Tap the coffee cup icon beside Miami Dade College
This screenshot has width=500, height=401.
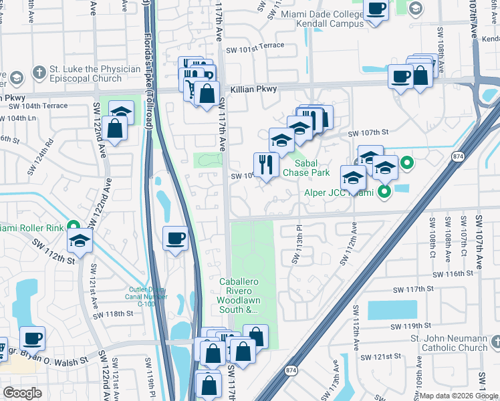(x=376, y=9)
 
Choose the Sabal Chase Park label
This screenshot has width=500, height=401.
(x=306, y=167)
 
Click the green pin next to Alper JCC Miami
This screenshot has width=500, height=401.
(x=384, y=192)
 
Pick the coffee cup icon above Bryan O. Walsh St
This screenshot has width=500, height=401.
(x=32, y=338)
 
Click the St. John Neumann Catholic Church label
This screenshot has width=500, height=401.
(x=449, y=343)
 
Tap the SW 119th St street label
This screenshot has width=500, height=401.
(x=414, y=326)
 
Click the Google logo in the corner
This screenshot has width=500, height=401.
(x=22, y=392)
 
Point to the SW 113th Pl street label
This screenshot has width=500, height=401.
(x=293, y=249)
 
